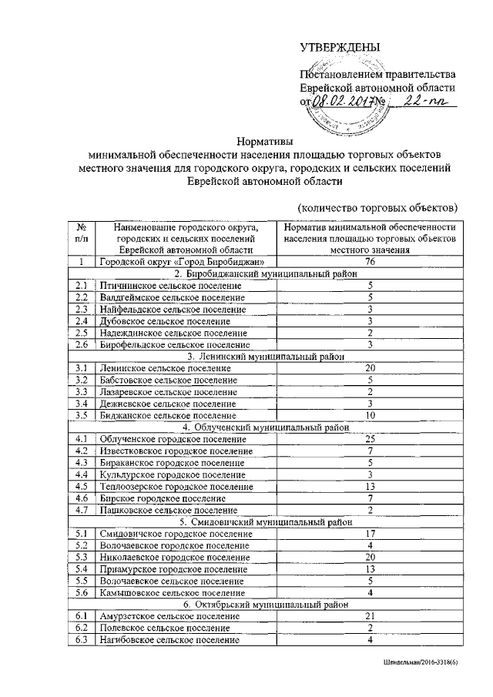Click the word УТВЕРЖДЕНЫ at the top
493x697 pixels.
[340, 49]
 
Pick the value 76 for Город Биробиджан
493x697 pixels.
[371, 263]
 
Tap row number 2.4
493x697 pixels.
[81, 320]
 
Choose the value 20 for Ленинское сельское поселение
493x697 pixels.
[371, 367]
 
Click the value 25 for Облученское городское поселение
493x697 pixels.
[371, 438]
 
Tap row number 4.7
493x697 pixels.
[81, 509]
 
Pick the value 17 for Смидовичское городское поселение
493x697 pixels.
[371, 533]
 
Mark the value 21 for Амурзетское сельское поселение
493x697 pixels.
[371, 615]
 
